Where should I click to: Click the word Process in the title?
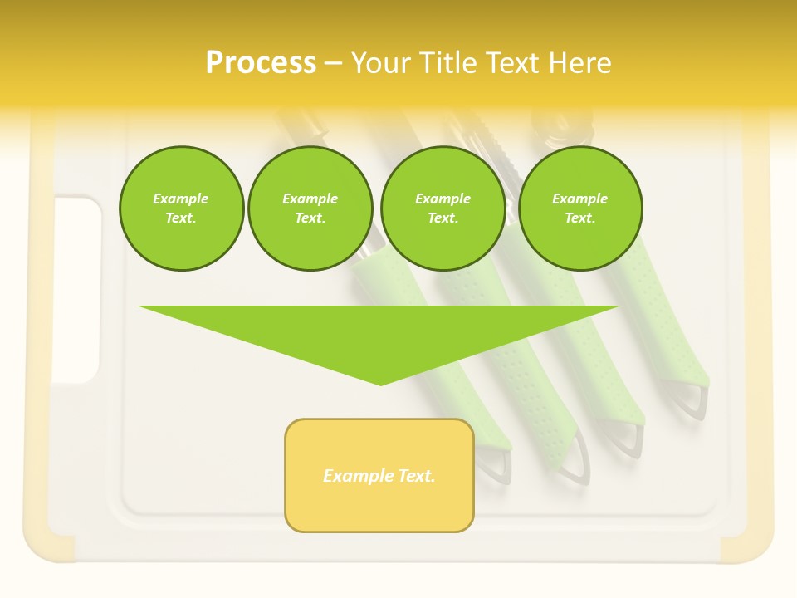coord(261,63)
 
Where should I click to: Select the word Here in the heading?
coord(579,63)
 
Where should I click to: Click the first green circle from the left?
coord(181,208)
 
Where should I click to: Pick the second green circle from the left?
coord(310,208)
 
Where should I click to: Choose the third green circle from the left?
coord(443,208)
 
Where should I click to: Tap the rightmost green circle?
coord(579,208)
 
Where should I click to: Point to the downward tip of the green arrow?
coord(380,383)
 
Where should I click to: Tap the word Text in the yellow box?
coord(417,476)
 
